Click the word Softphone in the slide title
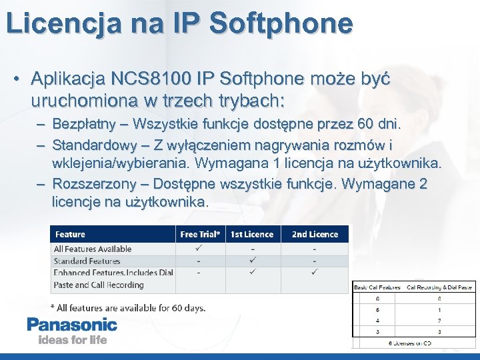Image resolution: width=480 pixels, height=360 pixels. point(280,23)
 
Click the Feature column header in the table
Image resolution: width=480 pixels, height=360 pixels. point(70,234)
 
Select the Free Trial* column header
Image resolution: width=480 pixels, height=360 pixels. point(200,234)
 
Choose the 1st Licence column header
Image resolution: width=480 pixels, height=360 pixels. point(252,234)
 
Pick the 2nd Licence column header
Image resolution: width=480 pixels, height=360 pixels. point(315,234)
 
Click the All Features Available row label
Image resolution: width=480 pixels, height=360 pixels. point(93,249)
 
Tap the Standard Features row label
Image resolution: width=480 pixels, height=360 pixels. point(87,261)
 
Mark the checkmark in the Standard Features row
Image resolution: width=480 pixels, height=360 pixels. point(252,261)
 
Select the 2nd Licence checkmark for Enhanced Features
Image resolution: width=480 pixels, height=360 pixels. point(315,272)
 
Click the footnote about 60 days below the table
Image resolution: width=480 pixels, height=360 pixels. point(128,307)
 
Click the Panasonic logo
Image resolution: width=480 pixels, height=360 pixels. point(72,325)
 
